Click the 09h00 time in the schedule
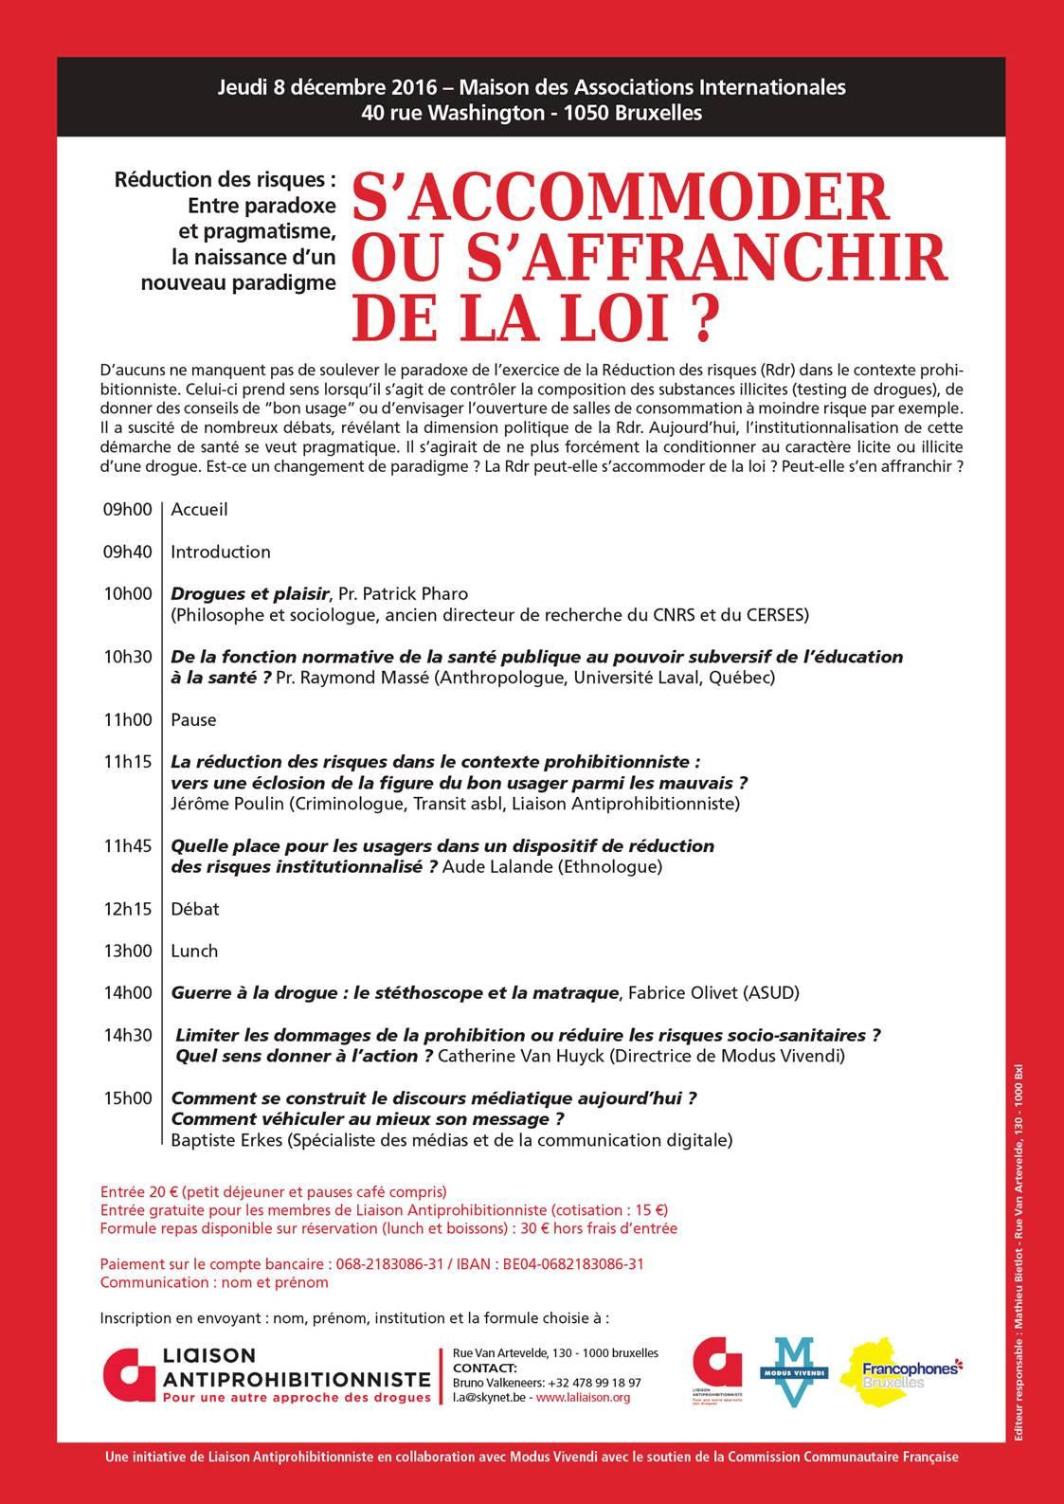tap(128, 510)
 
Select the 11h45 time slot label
tap(128, 845)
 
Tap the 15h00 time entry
tap(128, 1098)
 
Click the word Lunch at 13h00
tap(194, 951)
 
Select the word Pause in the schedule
tap(193, 720)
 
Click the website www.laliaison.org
tap(583, 1397)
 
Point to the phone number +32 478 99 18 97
tap(594, 1383)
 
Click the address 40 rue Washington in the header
tap(452, 113)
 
